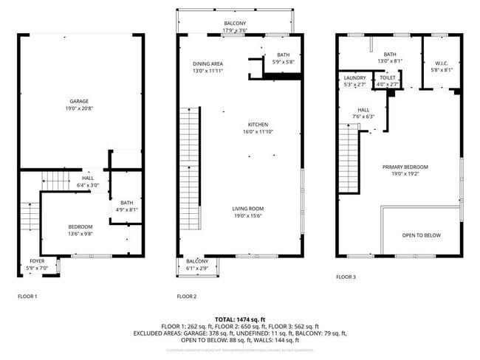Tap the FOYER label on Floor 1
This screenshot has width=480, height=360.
click(36, 260)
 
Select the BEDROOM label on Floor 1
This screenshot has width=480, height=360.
click(80, 226)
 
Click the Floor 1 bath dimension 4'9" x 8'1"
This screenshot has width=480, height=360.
click(127, 210)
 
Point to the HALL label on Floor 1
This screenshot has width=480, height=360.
click(88, 178)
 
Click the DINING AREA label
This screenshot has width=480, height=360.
click(208, 64)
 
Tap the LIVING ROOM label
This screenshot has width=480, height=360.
click(247, 209)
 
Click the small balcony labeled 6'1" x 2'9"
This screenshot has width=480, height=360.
click(196, 268)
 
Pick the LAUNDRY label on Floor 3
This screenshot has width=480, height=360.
click(354, 77)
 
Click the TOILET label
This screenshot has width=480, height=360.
click(388, 77)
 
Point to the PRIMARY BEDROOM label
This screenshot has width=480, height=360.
click(405, 167)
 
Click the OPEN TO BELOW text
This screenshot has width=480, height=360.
click(421, 235)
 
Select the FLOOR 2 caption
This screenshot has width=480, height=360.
click(186, 297)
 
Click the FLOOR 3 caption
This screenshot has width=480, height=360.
click(346, 277)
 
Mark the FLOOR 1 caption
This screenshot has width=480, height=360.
click(27, 297)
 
